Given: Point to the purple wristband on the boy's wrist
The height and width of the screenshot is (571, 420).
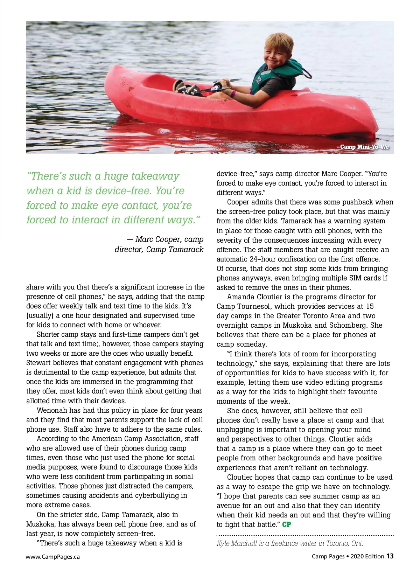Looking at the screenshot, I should (233, 93).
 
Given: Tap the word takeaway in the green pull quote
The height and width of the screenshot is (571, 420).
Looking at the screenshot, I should (155, 176).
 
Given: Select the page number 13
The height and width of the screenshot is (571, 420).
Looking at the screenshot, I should (390, 556).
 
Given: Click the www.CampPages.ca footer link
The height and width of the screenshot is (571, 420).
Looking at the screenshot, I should (52, 557).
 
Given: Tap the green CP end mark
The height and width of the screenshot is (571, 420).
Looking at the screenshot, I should (286, 524).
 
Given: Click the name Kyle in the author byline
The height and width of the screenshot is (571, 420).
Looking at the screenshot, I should (223, 543).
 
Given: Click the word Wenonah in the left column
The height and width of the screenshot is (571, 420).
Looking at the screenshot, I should (52, 410).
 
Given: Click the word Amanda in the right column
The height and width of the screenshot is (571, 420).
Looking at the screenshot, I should (240, 297).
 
